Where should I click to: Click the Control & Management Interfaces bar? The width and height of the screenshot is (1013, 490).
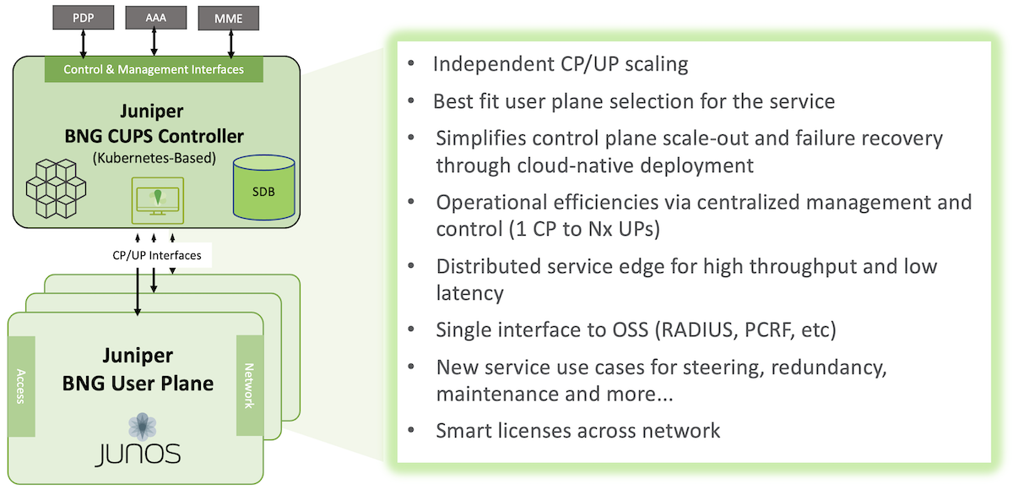154,69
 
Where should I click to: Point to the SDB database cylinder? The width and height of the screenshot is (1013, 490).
264,187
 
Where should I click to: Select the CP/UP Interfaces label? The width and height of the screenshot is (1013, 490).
156,253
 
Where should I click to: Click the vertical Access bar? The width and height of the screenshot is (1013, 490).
21,386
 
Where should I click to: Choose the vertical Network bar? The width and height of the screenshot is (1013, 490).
250,385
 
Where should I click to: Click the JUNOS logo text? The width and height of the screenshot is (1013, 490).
138,455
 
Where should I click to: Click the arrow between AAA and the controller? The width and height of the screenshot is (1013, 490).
155,41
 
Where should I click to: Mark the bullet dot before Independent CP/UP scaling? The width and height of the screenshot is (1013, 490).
410,64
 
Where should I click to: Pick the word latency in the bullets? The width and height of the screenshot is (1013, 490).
469,293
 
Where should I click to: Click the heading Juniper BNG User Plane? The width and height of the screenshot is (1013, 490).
138,370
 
